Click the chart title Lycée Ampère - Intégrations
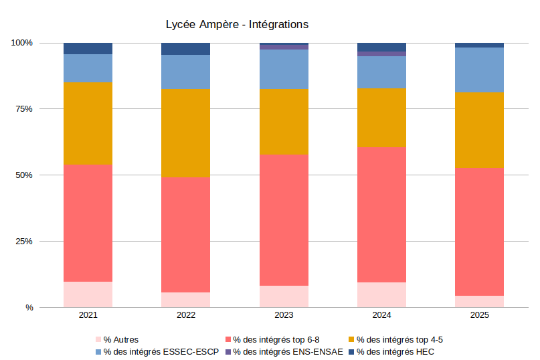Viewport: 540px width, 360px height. pyautogui.click(x=237, y=25)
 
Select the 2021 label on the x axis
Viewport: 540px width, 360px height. pyautogui.click(x=88, y=315)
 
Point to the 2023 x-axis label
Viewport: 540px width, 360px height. pyautogui.click(x=284, y=315)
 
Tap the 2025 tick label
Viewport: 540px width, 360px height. pyautogui.click(x=479, y=315)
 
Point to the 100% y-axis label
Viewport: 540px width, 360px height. pyautogui.click(x=21, y=43)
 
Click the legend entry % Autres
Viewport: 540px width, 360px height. pyautogui.click(x=120, y=339)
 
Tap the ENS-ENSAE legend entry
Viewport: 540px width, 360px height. pyautogui.click(x=288, y=351)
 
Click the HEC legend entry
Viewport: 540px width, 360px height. pyautogui.click(x=395, y=351)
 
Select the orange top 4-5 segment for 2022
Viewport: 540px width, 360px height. pyautogui.click(x=186, y=133)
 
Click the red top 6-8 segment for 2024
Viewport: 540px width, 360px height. pyautogui.click(x=381, y=214)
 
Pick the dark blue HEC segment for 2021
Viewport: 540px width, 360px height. pyautogui.click(x=88, y=48)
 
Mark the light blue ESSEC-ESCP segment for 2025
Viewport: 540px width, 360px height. pyautogui.click(x=479, y=70)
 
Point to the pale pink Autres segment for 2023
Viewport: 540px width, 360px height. pyautogui.click(x=284, y=296)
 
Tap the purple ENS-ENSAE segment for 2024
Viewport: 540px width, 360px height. pyautogui.click(x=381, y=54)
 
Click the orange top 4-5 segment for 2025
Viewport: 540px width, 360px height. pyautogui.click(x=479, y=130)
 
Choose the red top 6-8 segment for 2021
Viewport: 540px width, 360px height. pyautogui.click(x=88, y=223)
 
